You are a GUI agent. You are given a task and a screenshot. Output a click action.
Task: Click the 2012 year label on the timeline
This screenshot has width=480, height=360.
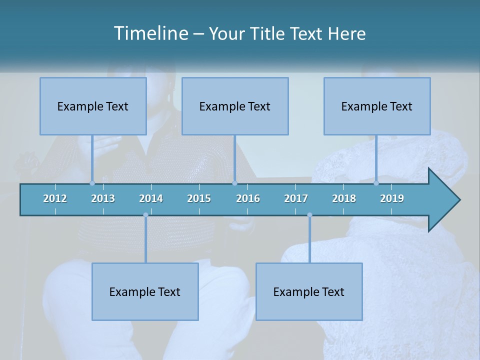pyautogui.click(x=55, y=198)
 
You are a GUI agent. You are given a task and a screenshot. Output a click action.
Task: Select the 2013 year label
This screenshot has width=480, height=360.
pyautogui.click(x=103, y=198)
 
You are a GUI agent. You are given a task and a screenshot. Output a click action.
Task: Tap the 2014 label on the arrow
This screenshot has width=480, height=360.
pyautogui.click(x=151, y=198)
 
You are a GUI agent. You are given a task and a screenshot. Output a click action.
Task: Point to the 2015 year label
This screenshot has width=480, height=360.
pyautogui.click(x=199, y=198)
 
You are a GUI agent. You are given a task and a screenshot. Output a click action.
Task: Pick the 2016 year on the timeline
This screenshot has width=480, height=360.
pyautogui.click(x=248, y=198)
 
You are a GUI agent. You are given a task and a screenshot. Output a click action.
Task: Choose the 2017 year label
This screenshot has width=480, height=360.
pyautogui.click(x=296, y=198)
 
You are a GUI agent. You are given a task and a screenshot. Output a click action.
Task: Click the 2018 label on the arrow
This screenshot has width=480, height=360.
pyautogui.click(x=344, y=198)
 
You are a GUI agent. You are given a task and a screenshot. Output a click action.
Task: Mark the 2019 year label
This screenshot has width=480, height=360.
pyautogui.click(x=392, y=198)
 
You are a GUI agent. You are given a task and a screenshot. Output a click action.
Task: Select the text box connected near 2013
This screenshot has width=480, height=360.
pyautogui.click(x=93, y=106)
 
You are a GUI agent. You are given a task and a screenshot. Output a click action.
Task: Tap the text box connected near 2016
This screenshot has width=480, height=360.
pyautogui.click(x=235, y=106)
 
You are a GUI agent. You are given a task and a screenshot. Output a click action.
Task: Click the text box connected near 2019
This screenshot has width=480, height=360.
pyautogui.click(x=377, y=106)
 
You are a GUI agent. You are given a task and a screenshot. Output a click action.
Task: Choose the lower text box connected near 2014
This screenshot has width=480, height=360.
pyautogui.click(x=145, y=291)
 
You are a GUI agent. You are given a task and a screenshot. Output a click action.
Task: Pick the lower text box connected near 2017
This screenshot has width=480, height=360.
pyautogui.click(x=309, y=291)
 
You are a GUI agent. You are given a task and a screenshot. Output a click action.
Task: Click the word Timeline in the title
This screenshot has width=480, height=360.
pyautogui.click(x=150, y=33)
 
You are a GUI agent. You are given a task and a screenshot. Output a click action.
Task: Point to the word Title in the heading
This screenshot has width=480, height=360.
pyautogui.click(x=270, y=34)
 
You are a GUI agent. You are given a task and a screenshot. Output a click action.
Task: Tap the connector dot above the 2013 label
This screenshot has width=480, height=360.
pyautogui.click(x=92, y=183)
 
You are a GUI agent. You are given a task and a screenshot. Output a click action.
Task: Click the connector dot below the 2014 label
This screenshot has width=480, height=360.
pyautogui.click(x=145, y=215)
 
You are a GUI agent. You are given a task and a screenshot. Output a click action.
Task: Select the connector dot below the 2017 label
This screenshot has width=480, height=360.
pyautogui.click(x=309, y=215)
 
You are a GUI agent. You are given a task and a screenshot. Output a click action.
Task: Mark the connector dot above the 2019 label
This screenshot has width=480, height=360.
pyautogui.click(x=376, y=183)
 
